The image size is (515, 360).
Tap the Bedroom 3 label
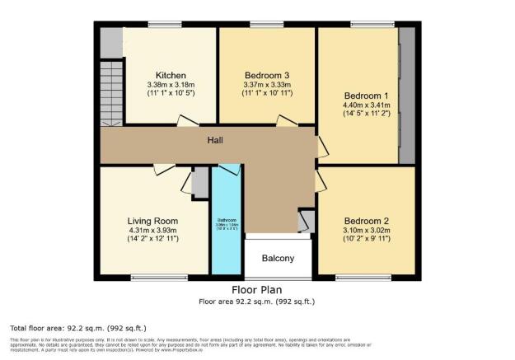(266, 75)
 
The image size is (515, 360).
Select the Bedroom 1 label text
(366, 92)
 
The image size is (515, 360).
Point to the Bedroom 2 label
(367, 220)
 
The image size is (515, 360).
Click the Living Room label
(152, 221)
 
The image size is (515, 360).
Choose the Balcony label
(279, 259)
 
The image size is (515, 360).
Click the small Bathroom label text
(227, 220)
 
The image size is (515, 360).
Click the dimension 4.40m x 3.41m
(366, 104)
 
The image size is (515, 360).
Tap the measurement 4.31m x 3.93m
(152, 231)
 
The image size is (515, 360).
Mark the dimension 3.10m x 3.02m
(367, 230)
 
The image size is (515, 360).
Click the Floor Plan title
(256, 290)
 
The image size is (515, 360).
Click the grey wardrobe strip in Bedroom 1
(406, 96)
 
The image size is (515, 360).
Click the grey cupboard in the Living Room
(199, 180)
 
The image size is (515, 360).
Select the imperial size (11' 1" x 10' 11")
(266, 95)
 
